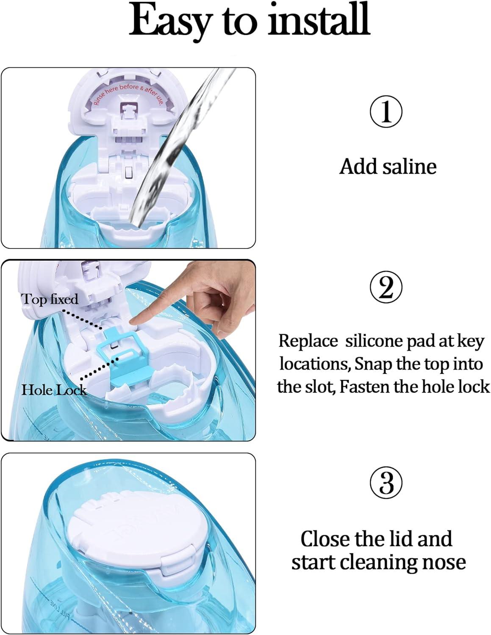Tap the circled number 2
pyautogui.click(x=386, y=288)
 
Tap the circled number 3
pyautogui.click(x=386, y=483)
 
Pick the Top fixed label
pyautogui.click(x=50, y=299)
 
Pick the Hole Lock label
pyautogui.click(x=54, y=390)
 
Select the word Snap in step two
pyautogui.click(x=372, y=364)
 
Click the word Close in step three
pyautogui.click(x=325, y=539)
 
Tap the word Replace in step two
pyautogui.click(x=308, y=341)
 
